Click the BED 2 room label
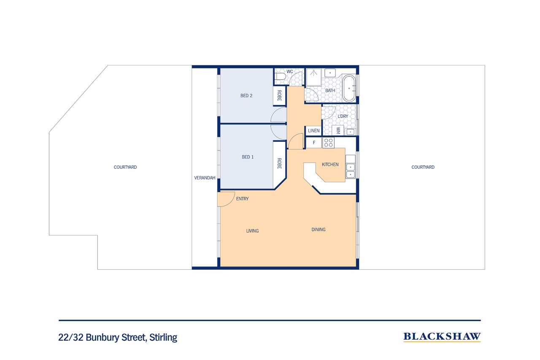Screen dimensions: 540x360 (246, 96)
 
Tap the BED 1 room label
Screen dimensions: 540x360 (248, 157)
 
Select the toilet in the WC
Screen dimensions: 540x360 (281, 77)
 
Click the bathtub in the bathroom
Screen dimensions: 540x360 (349, 88)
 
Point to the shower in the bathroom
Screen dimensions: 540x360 (313, 77)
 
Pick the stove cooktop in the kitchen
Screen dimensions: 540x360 (328, 143)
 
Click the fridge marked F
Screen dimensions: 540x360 (314, 143)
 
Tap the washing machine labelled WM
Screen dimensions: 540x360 (338, 130)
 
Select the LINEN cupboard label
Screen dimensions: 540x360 (313, 131)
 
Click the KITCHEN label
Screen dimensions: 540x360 (330, 165)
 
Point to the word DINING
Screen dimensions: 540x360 (318, 230)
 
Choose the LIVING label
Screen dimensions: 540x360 (252, 231)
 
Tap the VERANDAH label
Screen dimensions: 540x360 (205, 178)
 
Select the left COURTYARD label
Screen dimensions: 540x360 (125, 167)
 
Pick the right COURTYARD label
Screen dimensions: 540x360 (423, 167)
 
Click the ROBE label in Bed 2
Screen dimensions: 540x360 (279, 95)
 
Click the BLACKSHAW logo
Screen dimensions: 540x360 (442, 337)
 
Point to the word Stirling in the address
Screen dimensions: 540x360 (163, 337)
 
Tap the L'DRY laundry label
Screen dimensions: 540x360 (343, 116)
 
